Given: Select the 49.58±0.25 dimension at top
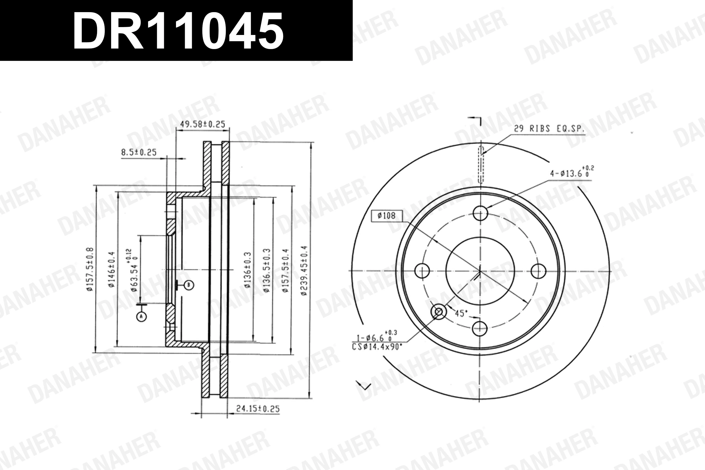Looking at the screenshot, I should [x=203, y=124].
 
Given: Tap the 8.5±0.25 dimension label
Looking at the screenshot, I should [x=139, y=152].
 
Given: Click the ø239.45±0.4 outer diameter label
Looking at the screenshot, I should [x=304, y=271].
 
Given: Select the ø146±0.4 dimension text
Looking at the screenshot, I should [x=111, y=270].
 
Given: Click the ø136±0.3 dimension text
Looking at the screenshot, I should [x=247, y=270].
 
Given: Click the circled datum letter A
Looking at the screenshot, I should [x=142, y=316].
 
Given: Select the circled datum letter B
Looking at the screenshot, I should [x=189, y=285].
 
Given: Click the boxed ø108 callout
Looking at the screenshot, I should [x=387, y=216].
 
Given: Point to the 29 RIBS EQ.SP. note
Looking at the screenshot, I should [x=549, y=129].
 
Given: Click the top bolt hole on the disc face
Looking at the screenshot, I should [x=480, y=213].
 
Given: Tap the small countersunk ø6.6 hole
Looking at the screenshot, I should [x=438, y=312].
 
